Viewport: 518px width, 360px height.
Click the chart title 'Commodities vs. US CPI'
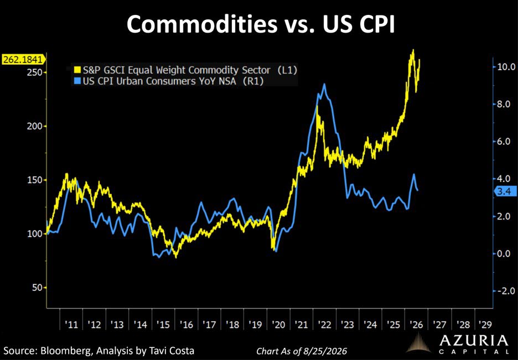click(x=261, y=24)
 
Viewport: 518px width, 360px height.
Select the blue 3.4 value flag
click(x=505, y=191)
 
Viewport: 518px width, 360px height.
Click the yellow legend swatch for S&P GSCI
click(x=77, y=70)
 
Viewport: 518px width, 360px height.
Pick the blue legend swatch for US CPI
click(x=77, y=81)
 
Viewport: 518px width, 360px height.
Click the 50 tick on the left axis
click(x=37, y=288)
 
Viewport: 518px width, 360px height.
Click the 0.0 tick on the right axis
click(x=505, y=253)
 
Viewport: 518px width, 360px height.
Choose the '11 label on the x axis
click(x=71, y=325)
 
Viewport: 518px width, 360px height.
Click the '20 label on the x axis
click(x=278, y=325)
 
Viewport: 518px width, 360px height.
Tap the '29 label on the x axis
click(x=485, y=325)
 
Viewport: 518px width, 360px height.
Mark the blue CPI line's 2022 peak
click(x=324, y=84)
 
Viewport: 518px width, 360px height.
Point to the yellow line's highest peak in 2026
click(x=413, y=50)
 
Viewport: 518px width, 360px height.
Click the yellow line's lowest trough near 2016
click(x=175, y=257)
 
